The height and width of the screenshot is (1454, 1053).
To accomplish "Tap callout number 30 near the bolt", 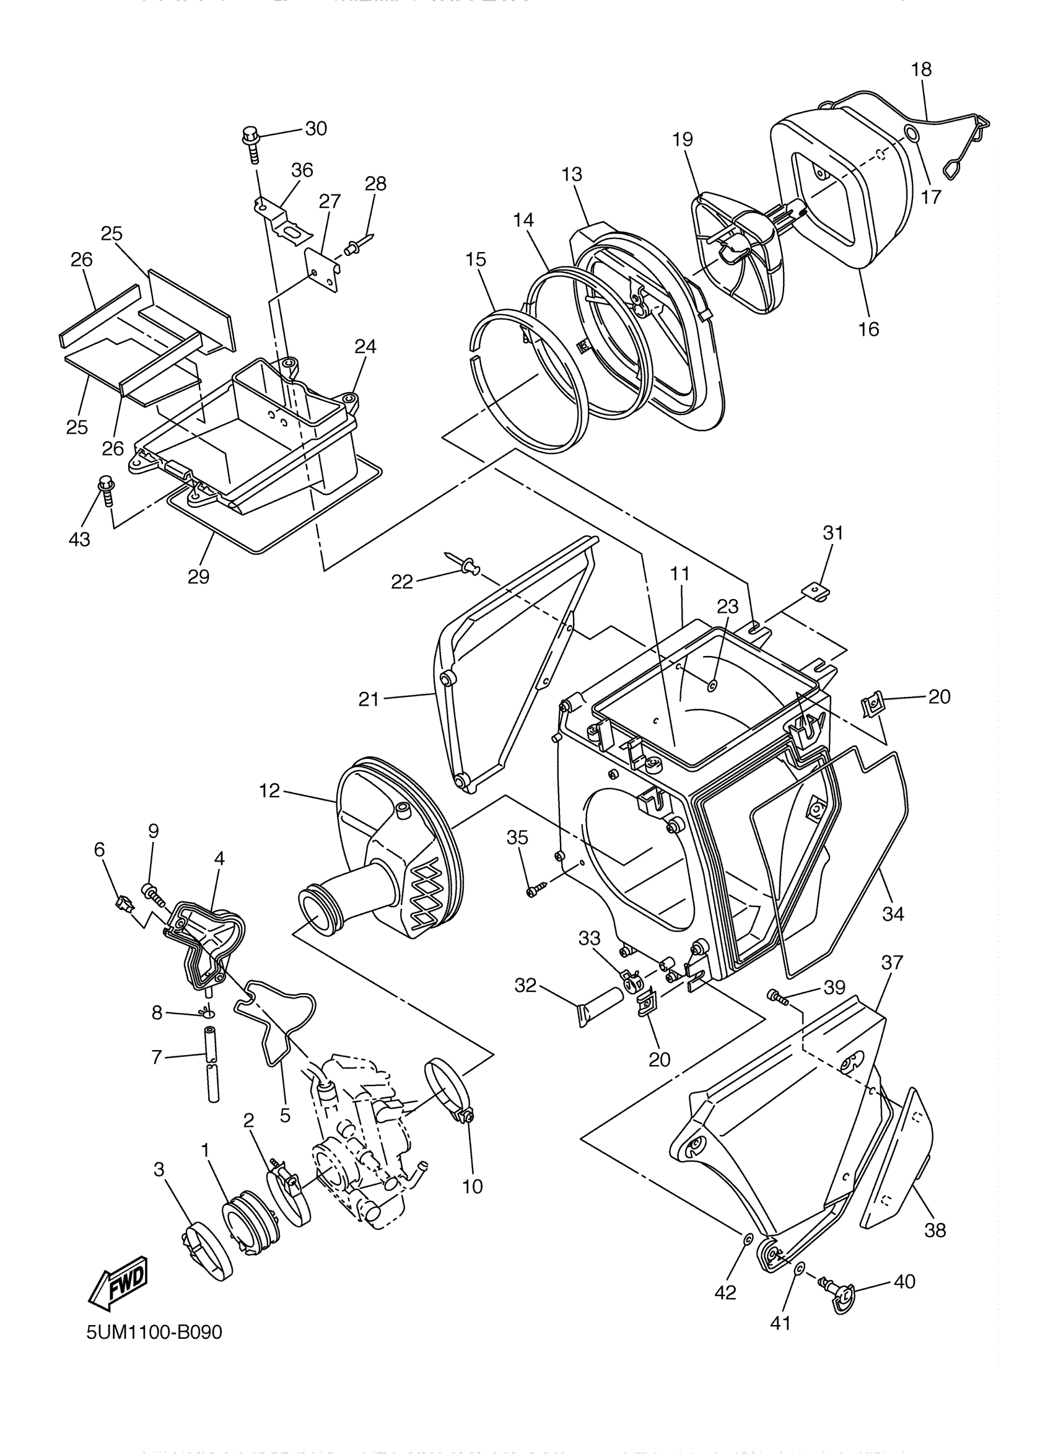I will [x=315, y=129].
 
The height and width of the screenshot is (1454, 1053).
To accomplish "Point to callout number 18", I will [x=921, y=69].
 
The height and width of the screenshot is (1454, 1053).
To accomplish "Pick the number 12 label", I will [x=270, y=791].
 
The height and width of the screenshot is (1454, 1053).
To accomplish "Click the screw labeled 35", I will [x=535, y=890].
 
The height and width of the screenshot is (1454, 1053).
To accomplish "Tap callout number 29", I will [x=199, y=576].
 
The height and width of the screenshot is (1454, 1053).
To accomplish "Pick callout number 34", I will [x=893, y=914].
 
